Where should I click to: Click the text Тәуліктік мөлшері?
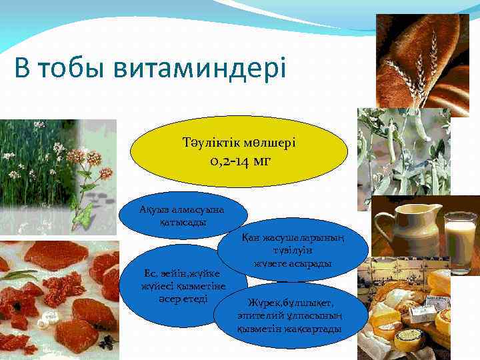[239, 143]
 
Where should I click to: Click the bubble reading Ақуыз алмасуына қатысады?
[181, 215]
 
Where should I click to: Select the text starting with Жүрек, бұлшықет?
[289, 316]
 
